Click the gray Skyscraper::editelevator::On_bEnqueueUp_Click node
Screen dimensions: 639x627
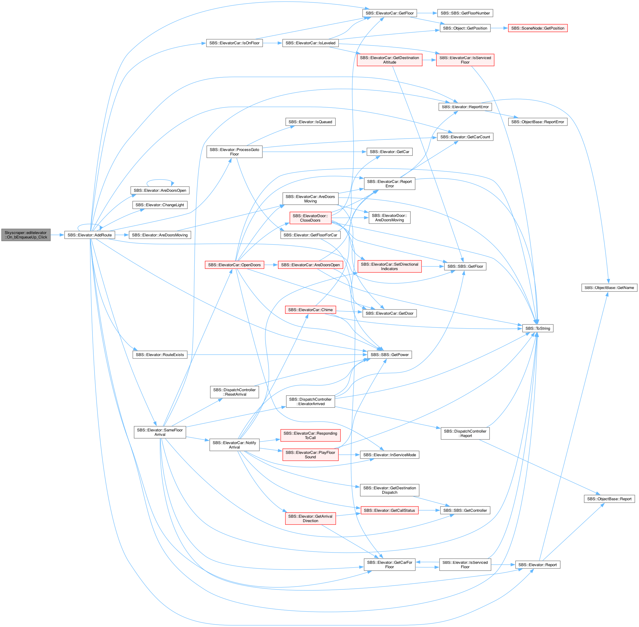point(26,235)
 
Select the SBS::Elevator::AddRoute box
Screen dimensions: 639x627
point(90,235)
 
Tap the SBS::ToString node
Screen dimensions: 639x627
point(538,328)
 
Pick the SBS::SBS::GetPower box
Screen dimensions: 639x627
point(389,355)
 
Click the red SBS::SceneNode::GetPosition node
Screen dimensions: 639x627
point(538,28)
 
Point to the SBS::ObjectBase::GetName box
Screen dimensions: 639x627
point(609,288)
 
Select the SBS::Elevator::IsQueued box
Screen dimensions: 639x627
point(310,122)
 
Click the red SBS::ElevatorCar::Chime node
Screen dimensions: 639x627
point(310,310)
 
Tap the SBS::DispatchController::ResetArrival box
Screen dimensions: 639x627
point(234,392)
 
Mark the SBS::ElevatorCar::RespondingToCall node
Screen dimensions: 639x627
point(310,436)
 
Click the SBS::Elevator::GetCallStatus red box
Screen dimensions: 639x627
point(389,510)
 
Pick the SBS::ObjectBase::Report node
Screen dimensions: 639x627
point(609,499)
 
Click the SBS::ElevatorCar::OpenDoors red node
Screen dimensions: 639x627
point(234,265)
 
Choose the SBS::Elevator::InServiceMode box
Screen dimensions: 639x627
point(389,455)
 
